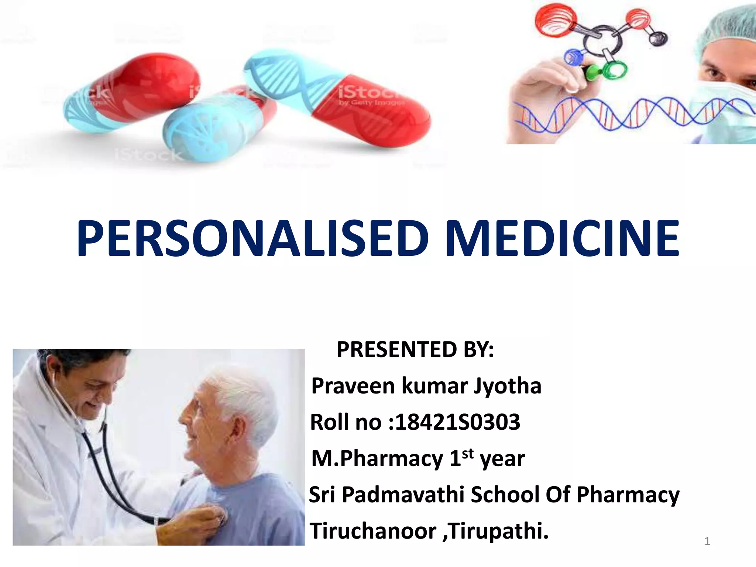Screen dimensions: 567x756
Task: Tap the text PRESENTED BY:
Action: tap(415, 349)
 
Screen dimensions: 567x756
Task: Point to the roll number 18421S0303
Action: tap(457, 422)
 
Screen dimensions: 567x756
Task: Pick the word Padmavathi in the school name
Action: tap(403, 495)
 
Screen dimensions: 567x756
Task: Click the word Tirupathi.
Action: tap(498, 531)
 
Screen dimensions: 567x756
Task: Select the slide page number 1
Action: tap(707, 541)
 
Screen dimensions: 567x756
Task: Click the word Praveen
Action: tap(353, 386)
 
